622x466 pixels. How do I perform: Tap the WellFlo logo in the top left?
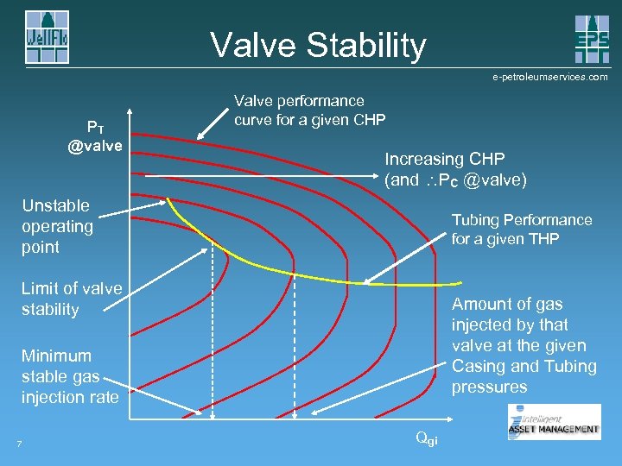47,37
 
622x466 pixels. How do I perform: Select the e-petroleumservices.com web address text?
549,77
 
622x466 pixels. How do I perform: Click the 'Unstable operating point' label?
56,226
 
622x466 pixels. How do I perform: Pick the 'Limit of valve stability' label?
72,299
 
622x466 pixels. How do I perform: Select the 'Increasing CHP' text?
444,159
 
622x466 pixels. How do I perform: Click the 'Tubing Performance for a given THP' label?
522,229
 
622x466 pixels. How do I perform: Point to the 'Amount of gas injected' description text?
524,345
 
